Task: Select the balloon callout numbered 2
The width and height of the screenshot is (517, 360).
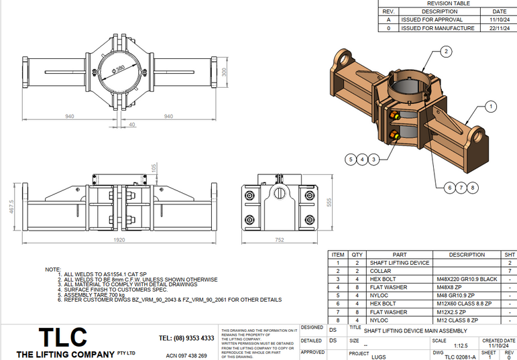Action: (447, 51)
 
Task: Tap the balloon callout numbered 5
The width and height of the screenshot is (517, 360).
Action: (350, 159)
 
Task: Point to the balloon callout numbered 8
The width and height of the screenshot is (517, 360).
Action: (473, 187)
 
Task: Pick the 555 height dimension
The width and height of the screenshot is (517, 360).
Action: (328, 202)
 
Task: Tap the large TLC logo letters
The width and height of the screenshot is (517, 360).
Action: (62, 338)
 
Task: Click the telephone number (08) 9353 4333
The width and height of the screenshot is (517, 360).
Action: (186, 338)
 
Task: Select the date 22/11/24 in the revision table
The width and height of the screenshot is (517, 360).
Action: (500, 28)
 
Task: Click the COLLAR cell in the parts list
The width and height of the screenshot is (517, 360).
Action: (380, 271)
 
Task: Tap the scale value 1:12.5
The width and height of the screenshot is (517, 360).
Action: (442, 347)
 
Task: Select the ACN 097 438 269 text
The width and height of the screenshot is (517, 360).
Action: (186, 355)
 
